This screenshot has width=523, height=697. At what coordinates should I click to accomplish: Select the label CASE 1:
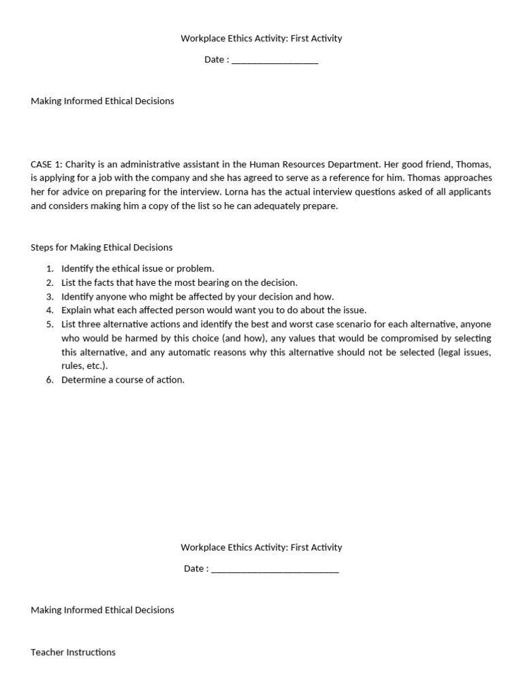tap(46, 164)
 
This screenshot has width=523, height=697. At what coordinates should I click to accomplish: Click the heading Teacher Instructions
tap(73, 652)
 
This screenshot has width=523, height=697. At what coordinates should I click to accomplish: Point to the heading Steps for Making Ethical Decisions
tap(101, 247)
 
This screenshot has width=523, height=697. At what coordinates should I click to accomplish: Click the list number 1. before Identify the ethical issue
tap(50, 269)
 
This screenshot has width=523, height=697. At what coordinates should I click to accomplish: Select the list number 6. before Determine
tap(50, 380)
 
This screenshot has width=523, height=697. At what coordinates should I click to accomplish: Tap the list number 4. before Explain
tap(50, 310)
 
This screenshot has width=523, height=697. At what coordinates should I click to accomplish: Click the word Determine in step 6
tap(84, 380)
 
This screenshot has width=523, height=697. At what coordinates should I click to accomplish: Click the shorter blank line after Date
tap(274, 60)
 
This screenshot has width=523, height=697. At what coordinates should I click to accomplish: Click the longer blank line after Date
tap(274, 569)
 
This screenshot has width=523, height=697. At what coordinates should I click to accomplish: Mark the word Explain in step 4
tap(77, 310)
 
